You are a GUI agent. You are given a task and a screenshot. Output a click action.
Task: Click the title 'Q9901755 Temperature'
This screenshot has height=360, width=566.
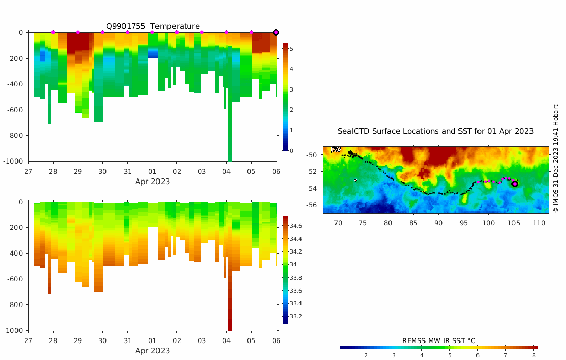pyautogui.click(x=152, y=26)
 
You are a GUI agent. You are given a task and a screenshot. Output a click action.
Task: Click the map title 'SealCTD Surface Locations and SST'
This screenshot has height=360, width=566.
pyautogui.click(x=435, y=131)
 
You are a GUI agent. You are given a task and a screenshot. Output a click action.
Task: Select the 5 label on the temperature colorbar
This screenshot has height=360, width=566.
pyautogui.click(x=291, y=49)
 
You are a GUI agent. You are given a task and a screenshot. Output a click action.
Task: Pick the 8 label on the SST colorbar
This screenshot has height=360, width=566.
pyautogui.click(x=534, y=355)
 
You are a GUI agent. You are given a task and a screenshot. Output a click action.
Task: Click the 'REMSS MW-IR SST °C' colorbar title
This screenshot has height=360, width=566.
pyautogui.click(x=438, y=340)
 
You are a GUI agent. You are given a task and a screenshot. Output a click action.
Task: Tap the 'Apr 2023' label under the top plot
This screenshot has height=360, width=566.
pyautogui.click(x=152, y=182)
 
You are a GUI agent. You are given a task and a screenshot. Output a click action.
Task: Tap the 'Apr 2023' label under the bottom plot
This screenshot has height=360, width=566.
pyautogui.click(x=152, y=351)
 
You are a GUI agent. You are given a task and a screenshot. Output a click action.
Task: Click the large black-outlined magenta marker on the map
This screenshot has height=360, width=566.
pyautogui.click(x=515, y=184)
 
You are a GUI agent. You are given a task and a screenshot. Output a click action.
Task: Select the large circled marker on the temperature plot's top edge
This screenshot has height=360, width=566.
pyautogui.click(x=276, y=32)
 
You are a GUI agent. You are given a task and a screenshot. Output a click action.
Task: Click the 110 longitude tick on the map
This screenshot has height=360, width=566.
pyautogui.click(x=539, y=223)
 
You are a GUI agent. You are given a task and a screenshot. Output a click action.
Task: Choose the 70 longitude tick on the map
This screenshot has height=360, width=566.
pyautogui.click(x=338, y=223)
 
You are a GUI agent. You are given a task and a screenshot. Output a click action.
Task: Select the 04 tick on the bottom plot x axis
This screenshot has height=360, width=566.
pyautogui.click(x=226, y=340)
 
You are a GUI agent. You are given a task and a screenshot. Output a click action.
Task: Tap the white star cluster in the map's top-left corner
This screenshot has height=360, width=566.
pyautogui.click(x=335, y=149)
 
